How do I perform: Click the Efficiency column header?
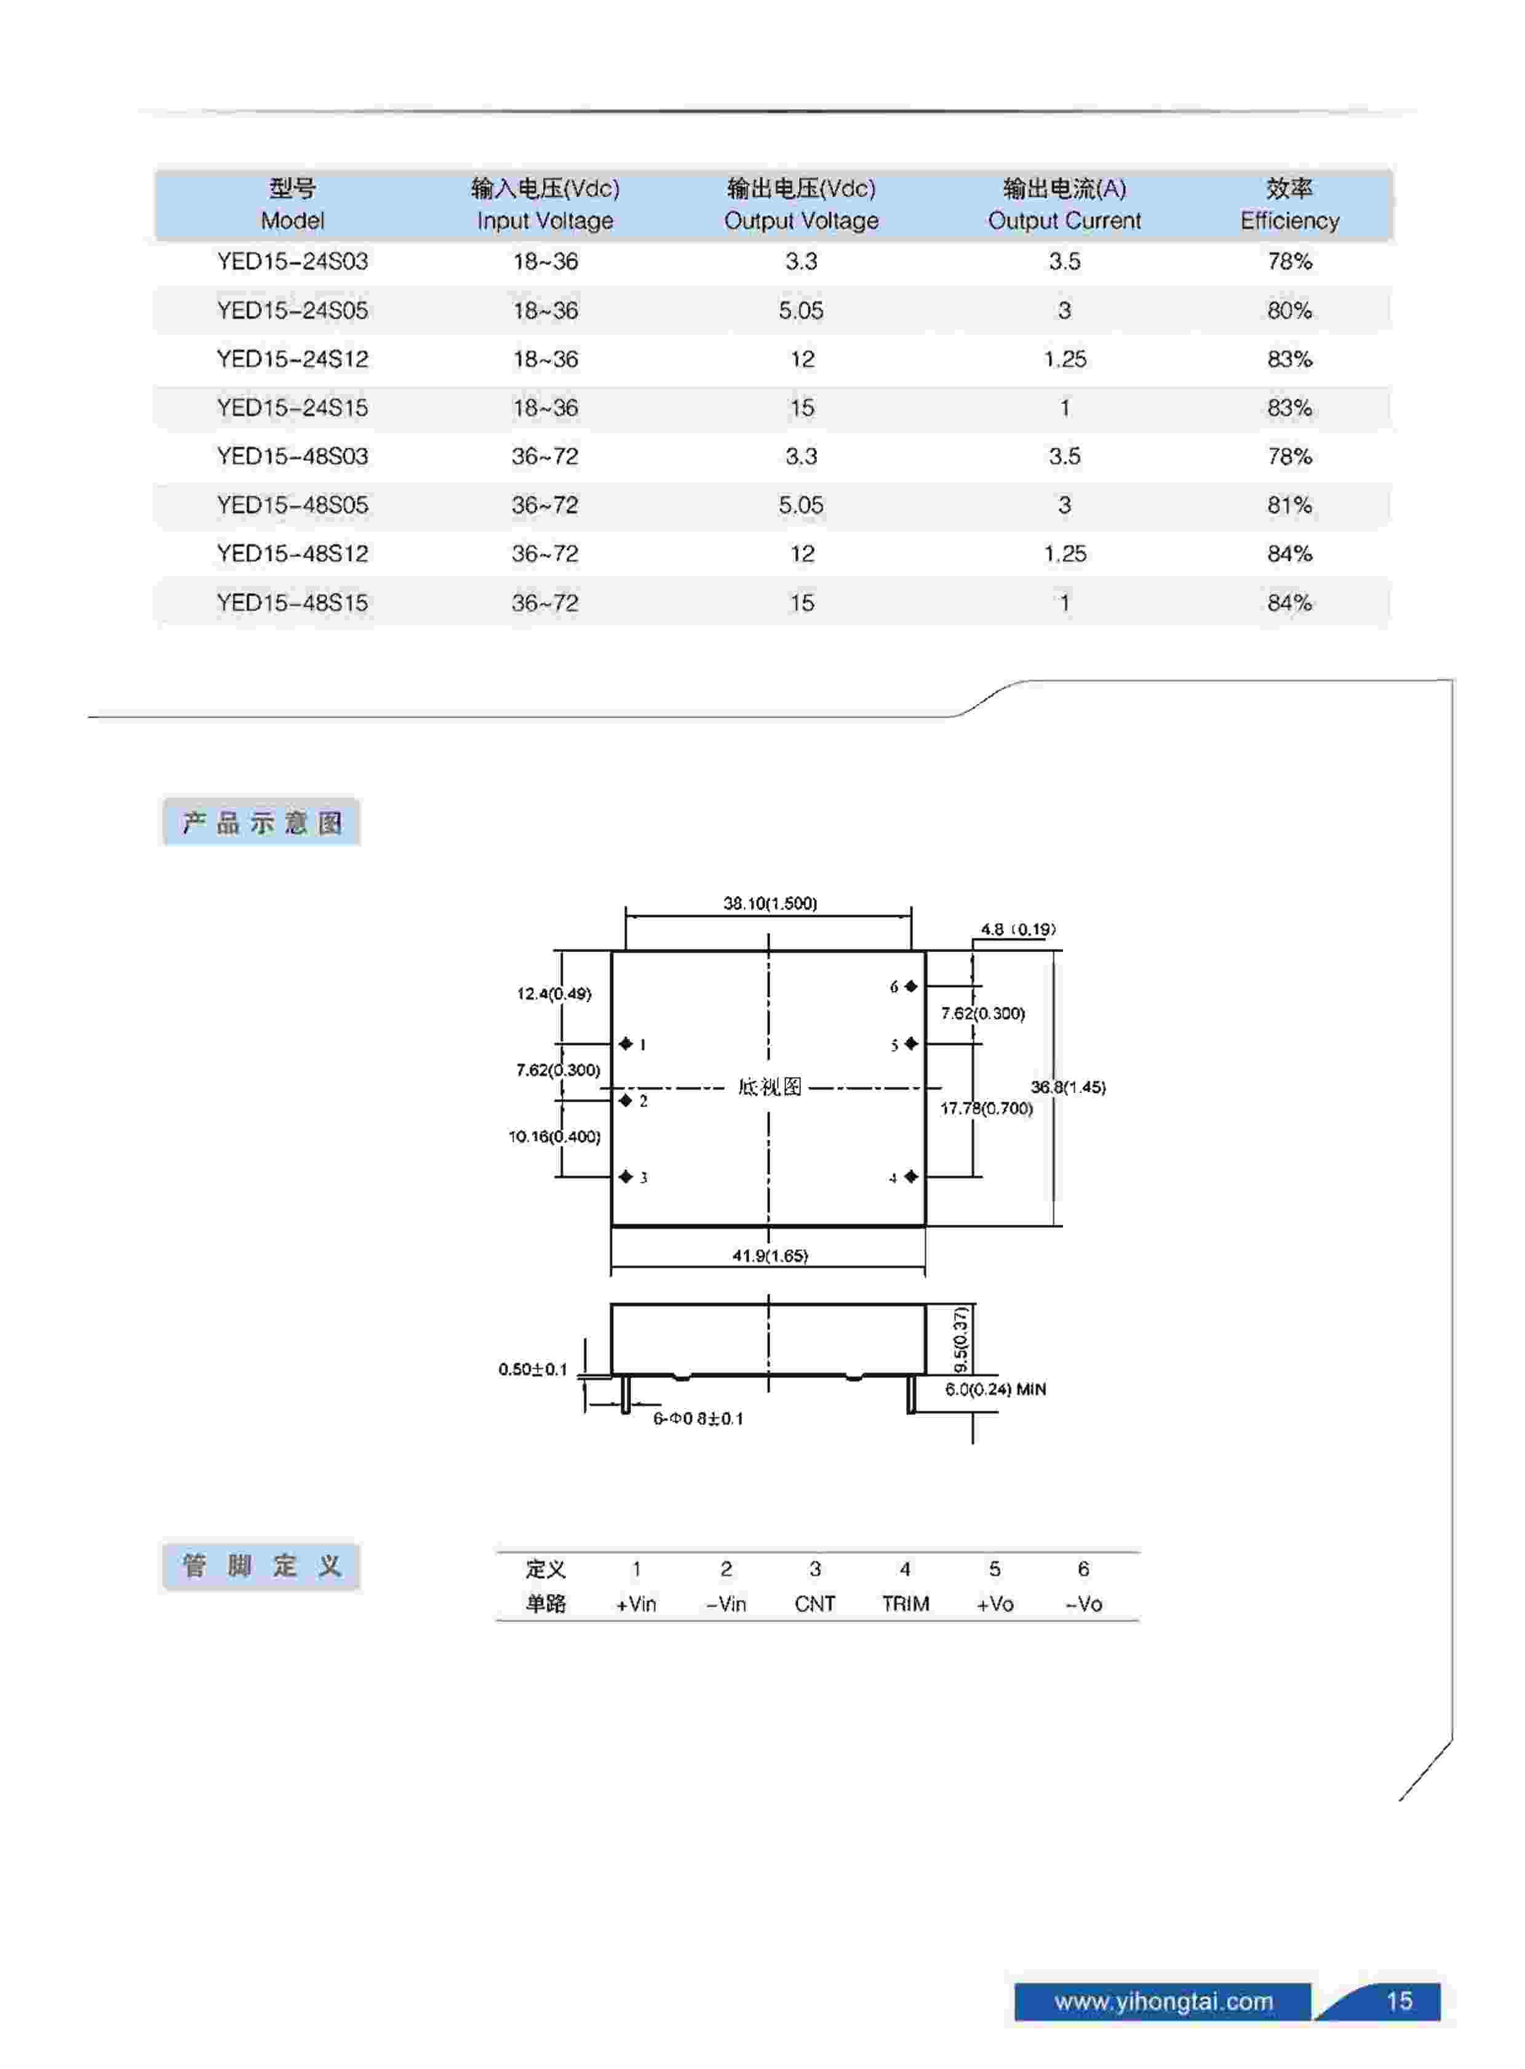point(1289,204)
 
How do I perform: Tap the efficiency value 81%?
point(1289,505)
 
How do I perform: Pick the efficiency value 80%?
point(1289,310)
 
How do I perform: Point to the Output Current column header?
point(1064,204)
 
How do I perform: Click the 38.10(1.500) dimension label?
point(770,903)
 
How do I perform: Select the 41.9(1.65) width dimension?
point(770,1255)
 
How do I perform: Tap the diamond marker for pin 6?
point(911,986)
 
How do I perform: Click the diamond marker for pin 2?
point(626,1100)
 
